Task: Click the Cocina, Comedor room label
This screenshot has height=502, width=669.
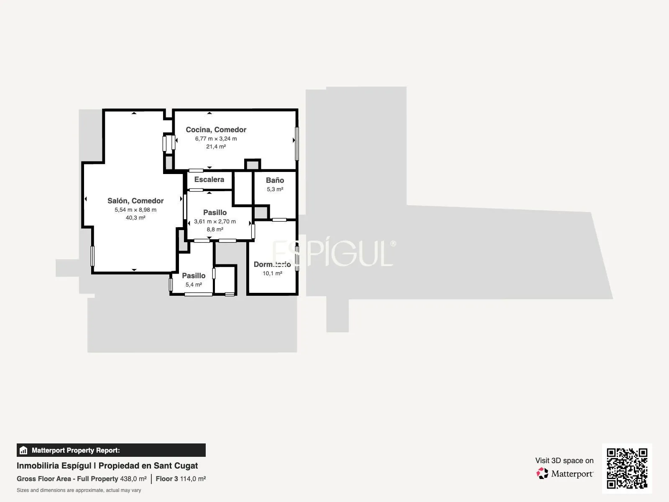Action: (x=216, y=130)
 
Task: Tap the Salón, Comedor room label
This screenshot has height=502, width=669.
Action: (x=135, y=201)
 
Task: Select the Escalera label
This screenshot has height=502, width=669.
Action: (x=209, y=179)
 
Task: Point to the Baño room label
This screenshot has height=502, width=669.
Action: (x=275, y=180)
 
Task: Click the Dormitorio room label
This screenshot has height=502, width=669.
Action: (x=272, y=264)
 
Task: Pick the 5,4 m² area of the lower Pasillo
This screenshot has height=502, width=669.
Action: (x=194, y=285)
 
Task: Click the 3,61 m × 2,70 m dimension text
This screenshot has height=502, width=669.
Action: (x=215, y=222)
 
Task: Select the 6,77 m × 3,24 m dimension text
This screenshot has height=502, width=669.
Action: (x=216, y=139)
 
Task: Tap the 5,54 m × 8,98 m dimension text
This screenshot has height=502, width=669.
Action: (x=135, y=210)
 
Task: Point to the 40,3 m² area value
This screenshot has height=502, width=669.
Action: (x=135, y=218)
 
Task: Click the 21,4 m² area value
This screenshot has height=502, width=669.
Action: (x=216, y=146)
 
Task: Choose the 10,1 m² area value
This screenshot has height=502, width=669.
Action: (x=272, y=274)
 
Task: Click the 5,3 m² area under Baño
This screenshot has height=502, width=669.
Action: (x=275, y=189)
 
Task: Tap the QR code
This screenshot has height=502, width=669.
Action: (x=627, y=469)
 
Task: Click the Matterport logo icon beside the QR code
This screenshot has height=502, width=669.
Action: (x=542, y=474)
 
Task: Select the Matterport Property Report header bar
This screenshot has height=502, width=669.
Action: (x=111, y=450)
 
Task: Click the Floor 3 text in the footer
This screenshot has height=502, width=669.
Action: (x=167, y=479)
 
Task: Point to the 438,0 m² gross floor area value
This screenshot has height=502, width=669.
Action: (x=133, y=479)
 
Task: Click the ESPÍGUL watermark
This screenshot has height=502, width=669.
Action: (x=334, y=253)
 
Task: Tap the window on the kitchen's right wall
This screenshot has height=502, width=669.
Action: (x=297, y=143)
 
